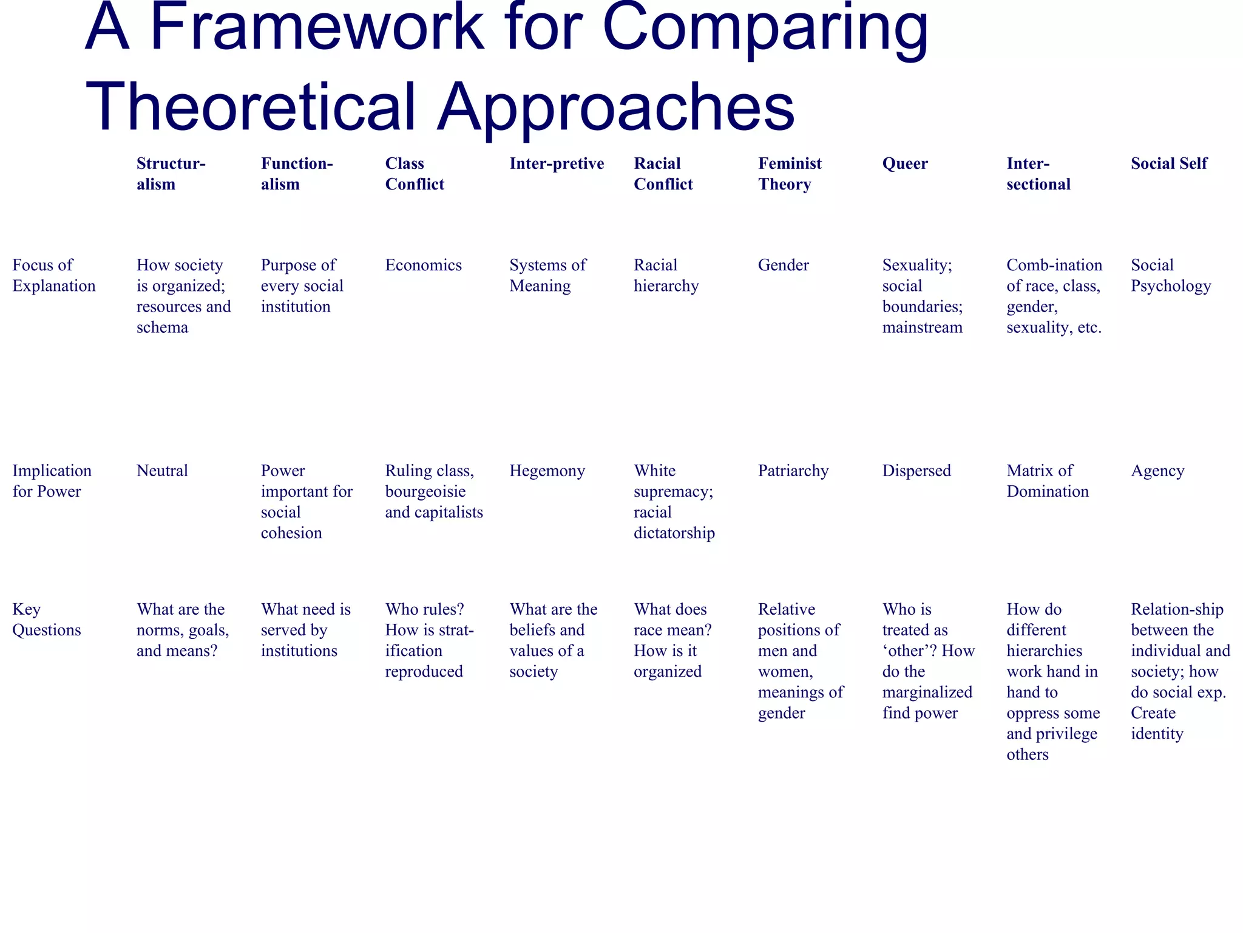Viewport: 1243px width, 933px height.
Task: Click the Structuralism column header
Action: tap(171, 174)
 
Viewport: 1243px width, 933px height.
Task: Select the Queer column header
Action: tap(905, 163)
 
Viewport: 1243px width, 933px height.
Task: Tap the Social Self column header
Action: tap(1169, 163)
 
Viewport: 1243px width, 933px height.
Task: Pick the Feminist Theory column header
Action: tap(790, 174)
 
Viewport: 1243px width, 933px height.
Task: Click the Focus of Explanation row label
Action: tap(54, 275)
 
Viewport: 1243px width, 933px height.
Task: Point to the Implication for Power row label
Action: tap(52, 481)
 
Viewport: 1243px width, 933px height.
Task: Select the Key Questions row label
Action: tap(47, 620)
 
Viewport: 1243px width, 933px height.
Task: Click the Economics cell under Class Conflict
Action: tap(424, 265)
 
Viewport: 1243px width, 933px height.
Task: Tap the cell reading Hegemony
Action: tap(547, 471)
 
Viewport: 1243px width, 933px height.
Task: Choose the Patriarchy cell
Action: tap(793, 471)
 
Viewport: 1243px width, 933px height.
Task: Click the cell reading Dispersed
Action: tap(916, 471)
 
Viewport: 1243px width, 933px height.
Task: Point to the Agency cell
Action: tap(1157, 471)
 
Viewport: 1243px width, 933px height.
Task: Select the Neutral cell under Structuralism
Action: tap(163, 471)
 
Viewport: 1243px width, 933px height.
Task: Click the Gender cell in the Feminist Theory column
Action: tap(784, 265)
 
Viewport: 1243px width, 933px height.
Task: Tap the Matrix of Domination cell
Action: tap(1048, 481)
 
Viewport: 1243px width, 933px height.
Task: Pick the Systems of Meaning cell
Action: tap(548, 275)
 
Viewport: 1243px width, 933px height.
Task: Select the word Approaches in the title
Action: tap(615, 106)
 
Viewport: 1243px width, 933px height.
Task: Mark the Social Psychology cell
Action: tap(1171, 275)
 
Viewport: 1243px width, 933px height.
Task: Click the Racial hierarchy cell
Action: tap(666, 275)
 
